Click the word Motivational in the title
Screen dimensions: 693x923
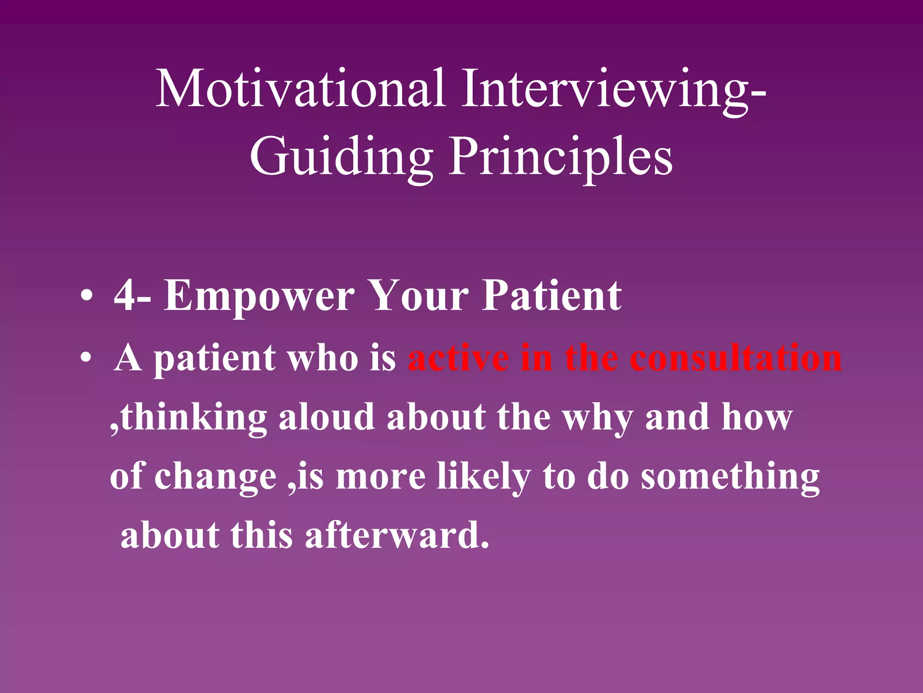pyautogui.click(x=301, y=89)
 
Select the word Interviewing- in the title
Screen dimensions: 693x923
pyautogui.click(x=613, y=89)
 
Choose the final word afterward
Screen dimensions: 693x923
pyautogui.click(x=397, y=536)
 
